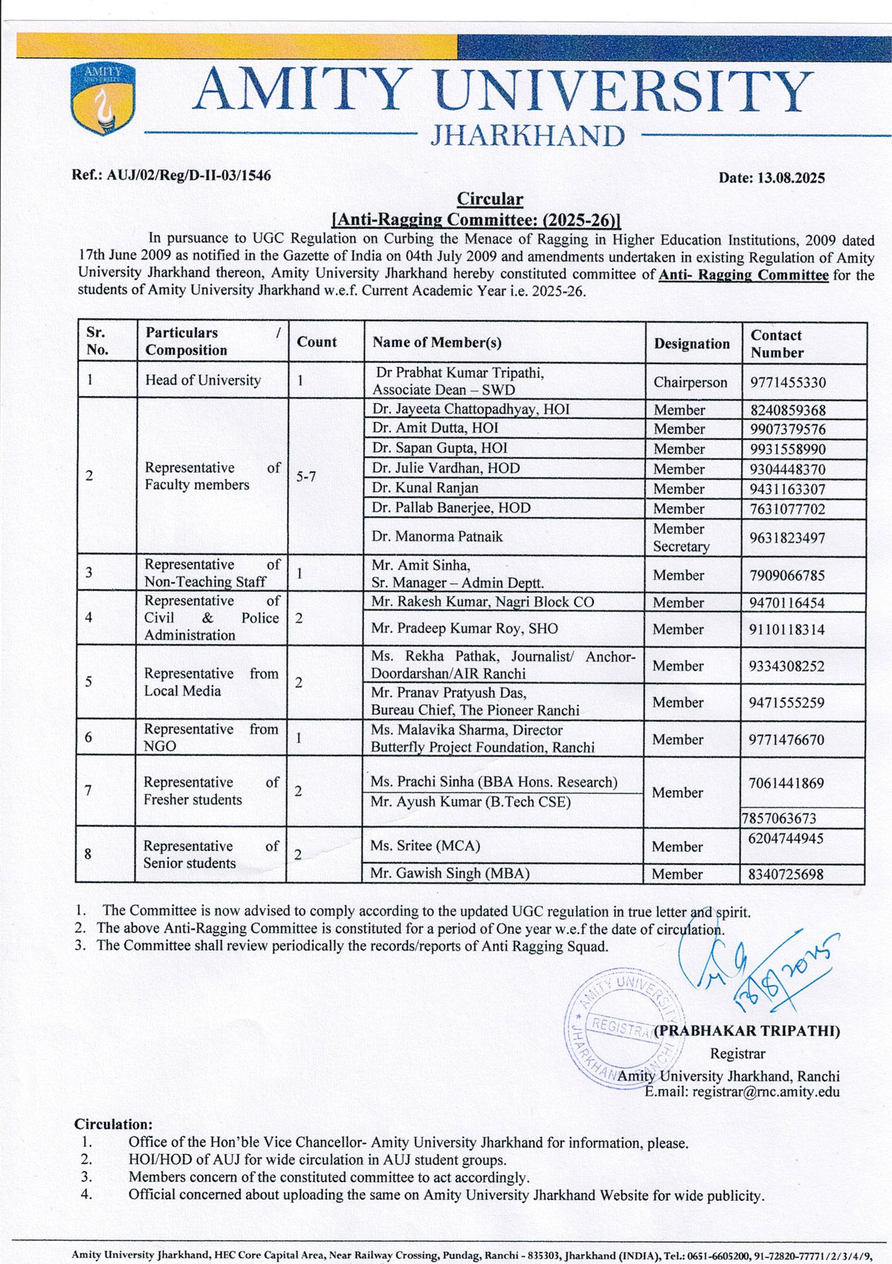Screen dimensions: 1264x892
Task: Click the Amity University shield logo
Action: (x=102, y=99)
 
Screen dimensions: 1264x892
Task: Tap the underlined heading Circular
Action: (x=490, y=198)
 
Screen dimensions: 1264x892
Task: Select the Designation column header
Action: (x=691, y=343)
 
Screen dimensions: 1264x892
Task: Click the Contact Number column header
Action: (x=777, y=343)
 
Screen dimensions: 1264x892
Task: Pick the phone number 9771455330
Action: (x=788, y=383)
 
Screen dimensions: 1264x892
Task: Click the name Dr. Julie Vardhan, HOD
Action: (x=446, y=468)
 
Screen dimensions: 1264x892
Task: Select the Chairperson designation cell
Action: (x=691, y=383)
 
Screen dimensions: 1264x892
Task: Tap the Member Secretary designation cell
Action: (x=682, y=537)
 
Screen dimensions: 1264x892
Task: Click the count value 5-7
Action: (x=306, y=476)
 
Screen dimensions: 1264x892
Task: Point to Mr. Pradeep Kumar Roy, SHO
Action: (x=465, y=628)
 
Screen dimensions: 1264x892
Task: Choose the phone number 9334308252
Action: (x=786, y=666)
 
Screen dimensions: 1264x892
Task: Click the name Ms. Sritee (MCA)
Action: (x=425, y=846)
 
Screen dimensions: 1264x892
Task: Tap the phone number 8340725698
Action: (x=786, y=874)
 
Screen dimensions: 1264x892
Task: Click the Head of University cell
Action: (x=203, y=380)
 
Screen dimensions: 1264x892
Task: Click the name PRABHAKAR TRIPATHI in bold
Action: (x=747, y=1031)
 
